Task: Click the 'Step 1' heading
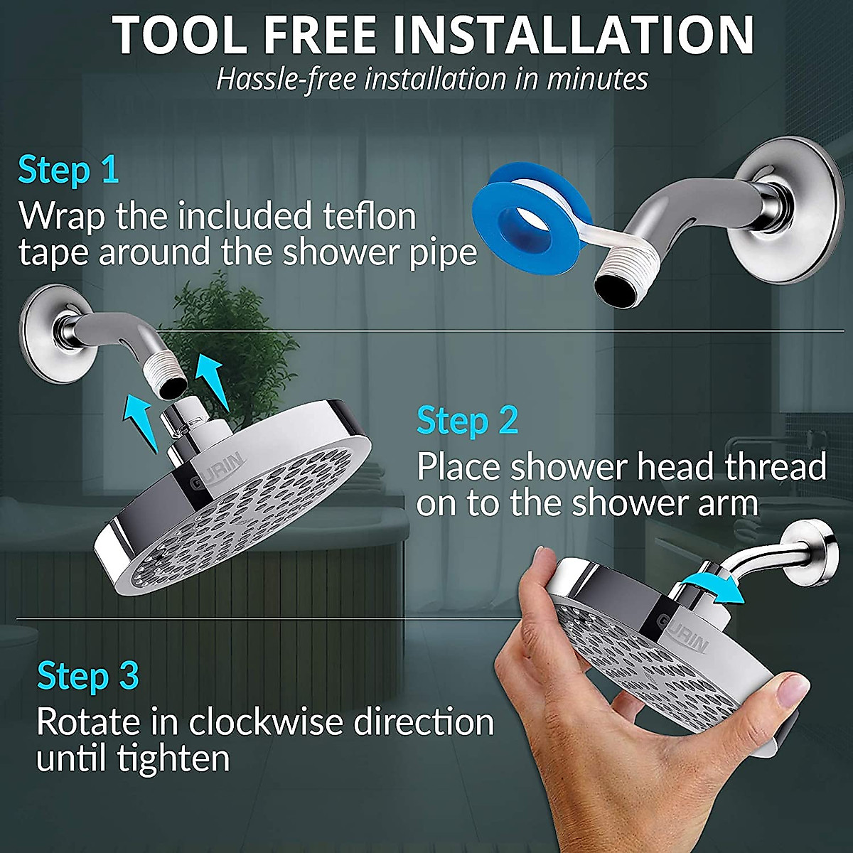68,171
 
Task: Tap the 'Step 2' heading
467,420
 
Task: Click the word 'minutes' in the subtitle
597,79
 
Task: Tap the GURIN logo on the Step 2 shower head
218,471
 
